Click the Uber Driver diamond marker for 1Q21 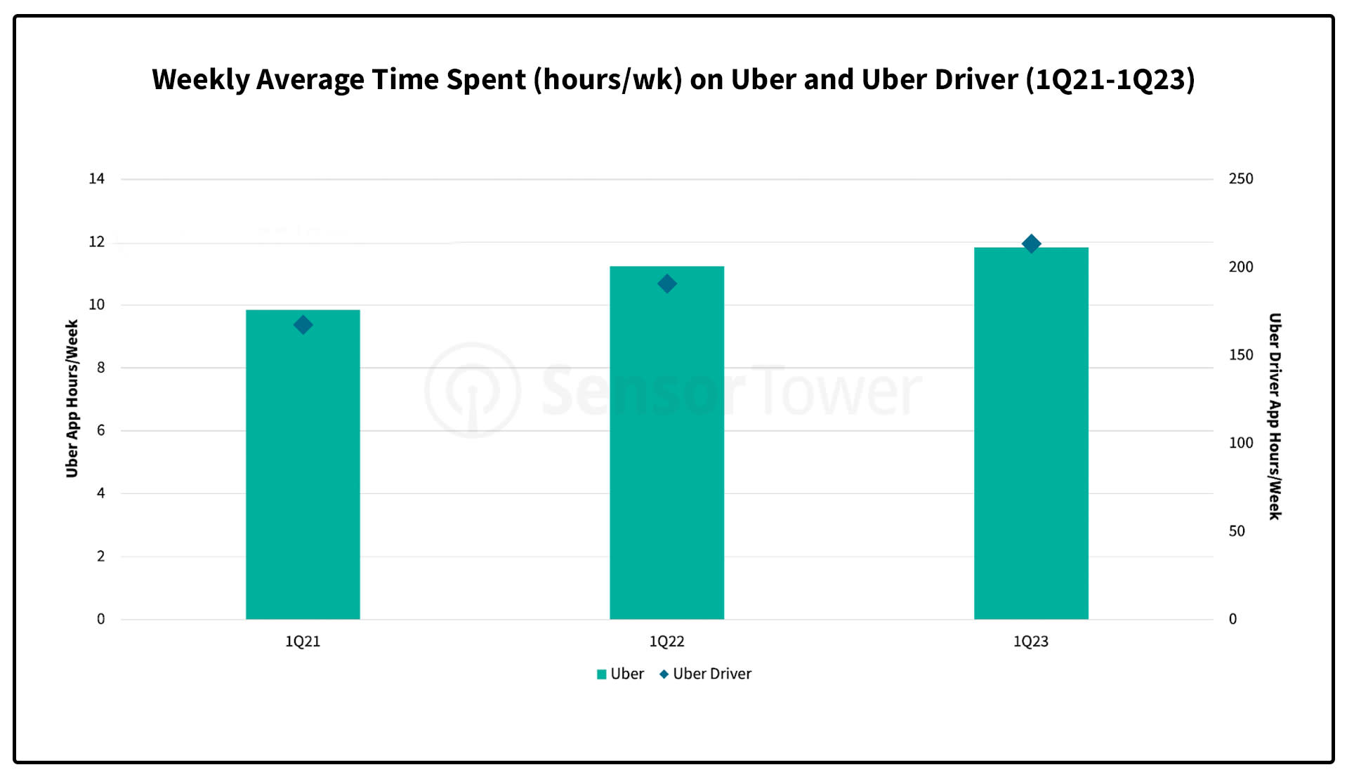pyautogui.click(x=303, y=325)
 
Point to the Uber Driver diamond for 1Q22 pyautogui.click(x=667, y=284)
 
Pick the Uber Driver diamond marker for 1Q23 pyautogui.click(x=1031, y=244)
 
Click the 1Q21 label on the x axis pyautogui.click(x=303, y=641)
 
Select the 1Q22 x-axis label pyautogui.click(x=666, y=641)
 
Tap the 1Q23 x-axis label pyautogui.click(x=1030, y=641)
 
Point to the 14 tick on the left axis pyautogui.click(x=96, y=179)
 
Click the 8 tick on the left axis pyautogui.click(x=100, y=368)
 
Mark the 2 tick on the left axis pyautogui.click(x=100, y=557)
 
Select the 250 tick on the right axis pyautogui.click(x=1240, y=179)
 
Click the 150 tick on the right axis pyautogui.click(x=1240, y=355)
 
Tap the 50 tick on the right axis pyautogui.click(x=1236, y=531)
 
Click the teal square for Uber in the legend pyautogui.click(x=601, y=674)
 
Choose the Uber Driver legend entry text pyautogui.click(x=711, y=674)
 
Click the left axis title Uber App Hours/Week pyautogui.click(x=72, y=399)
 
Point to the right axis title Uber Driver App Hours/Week pyautogui.click(x=1275, y=416)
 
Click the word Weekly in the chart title pyautogui.click(x=200, y=79)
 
